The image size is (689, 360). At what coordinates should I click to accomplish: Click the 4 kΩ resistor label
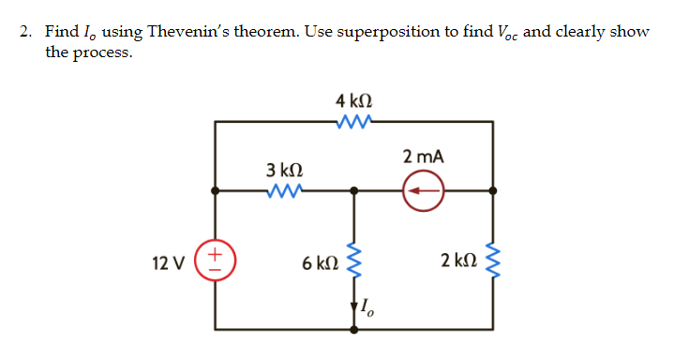(x=355, y=99)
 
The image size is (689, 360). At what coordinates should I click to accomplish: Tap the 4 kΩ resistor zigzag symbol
(x=355, y=120)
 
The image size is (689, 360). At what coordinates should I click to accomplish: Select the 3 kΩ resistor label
(x=283, y=171)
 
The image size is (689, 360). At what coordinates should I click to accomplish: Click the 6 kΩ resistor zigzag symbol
(x=354, y=262)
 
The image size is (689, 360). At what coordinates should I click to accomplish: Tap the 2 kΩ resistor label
(x=458, y=262)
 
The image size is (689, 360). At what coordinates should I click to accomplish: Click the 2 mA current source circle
(x=424, y=191)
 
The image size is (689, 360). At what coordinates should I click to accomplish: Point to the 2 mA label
(x=423, y=157)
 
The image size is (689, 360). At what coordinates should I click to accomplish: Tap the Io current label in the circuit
(x=367, y=305)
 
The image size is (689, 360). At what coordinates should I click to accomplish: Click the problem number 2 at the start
(x=25, y=32)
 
